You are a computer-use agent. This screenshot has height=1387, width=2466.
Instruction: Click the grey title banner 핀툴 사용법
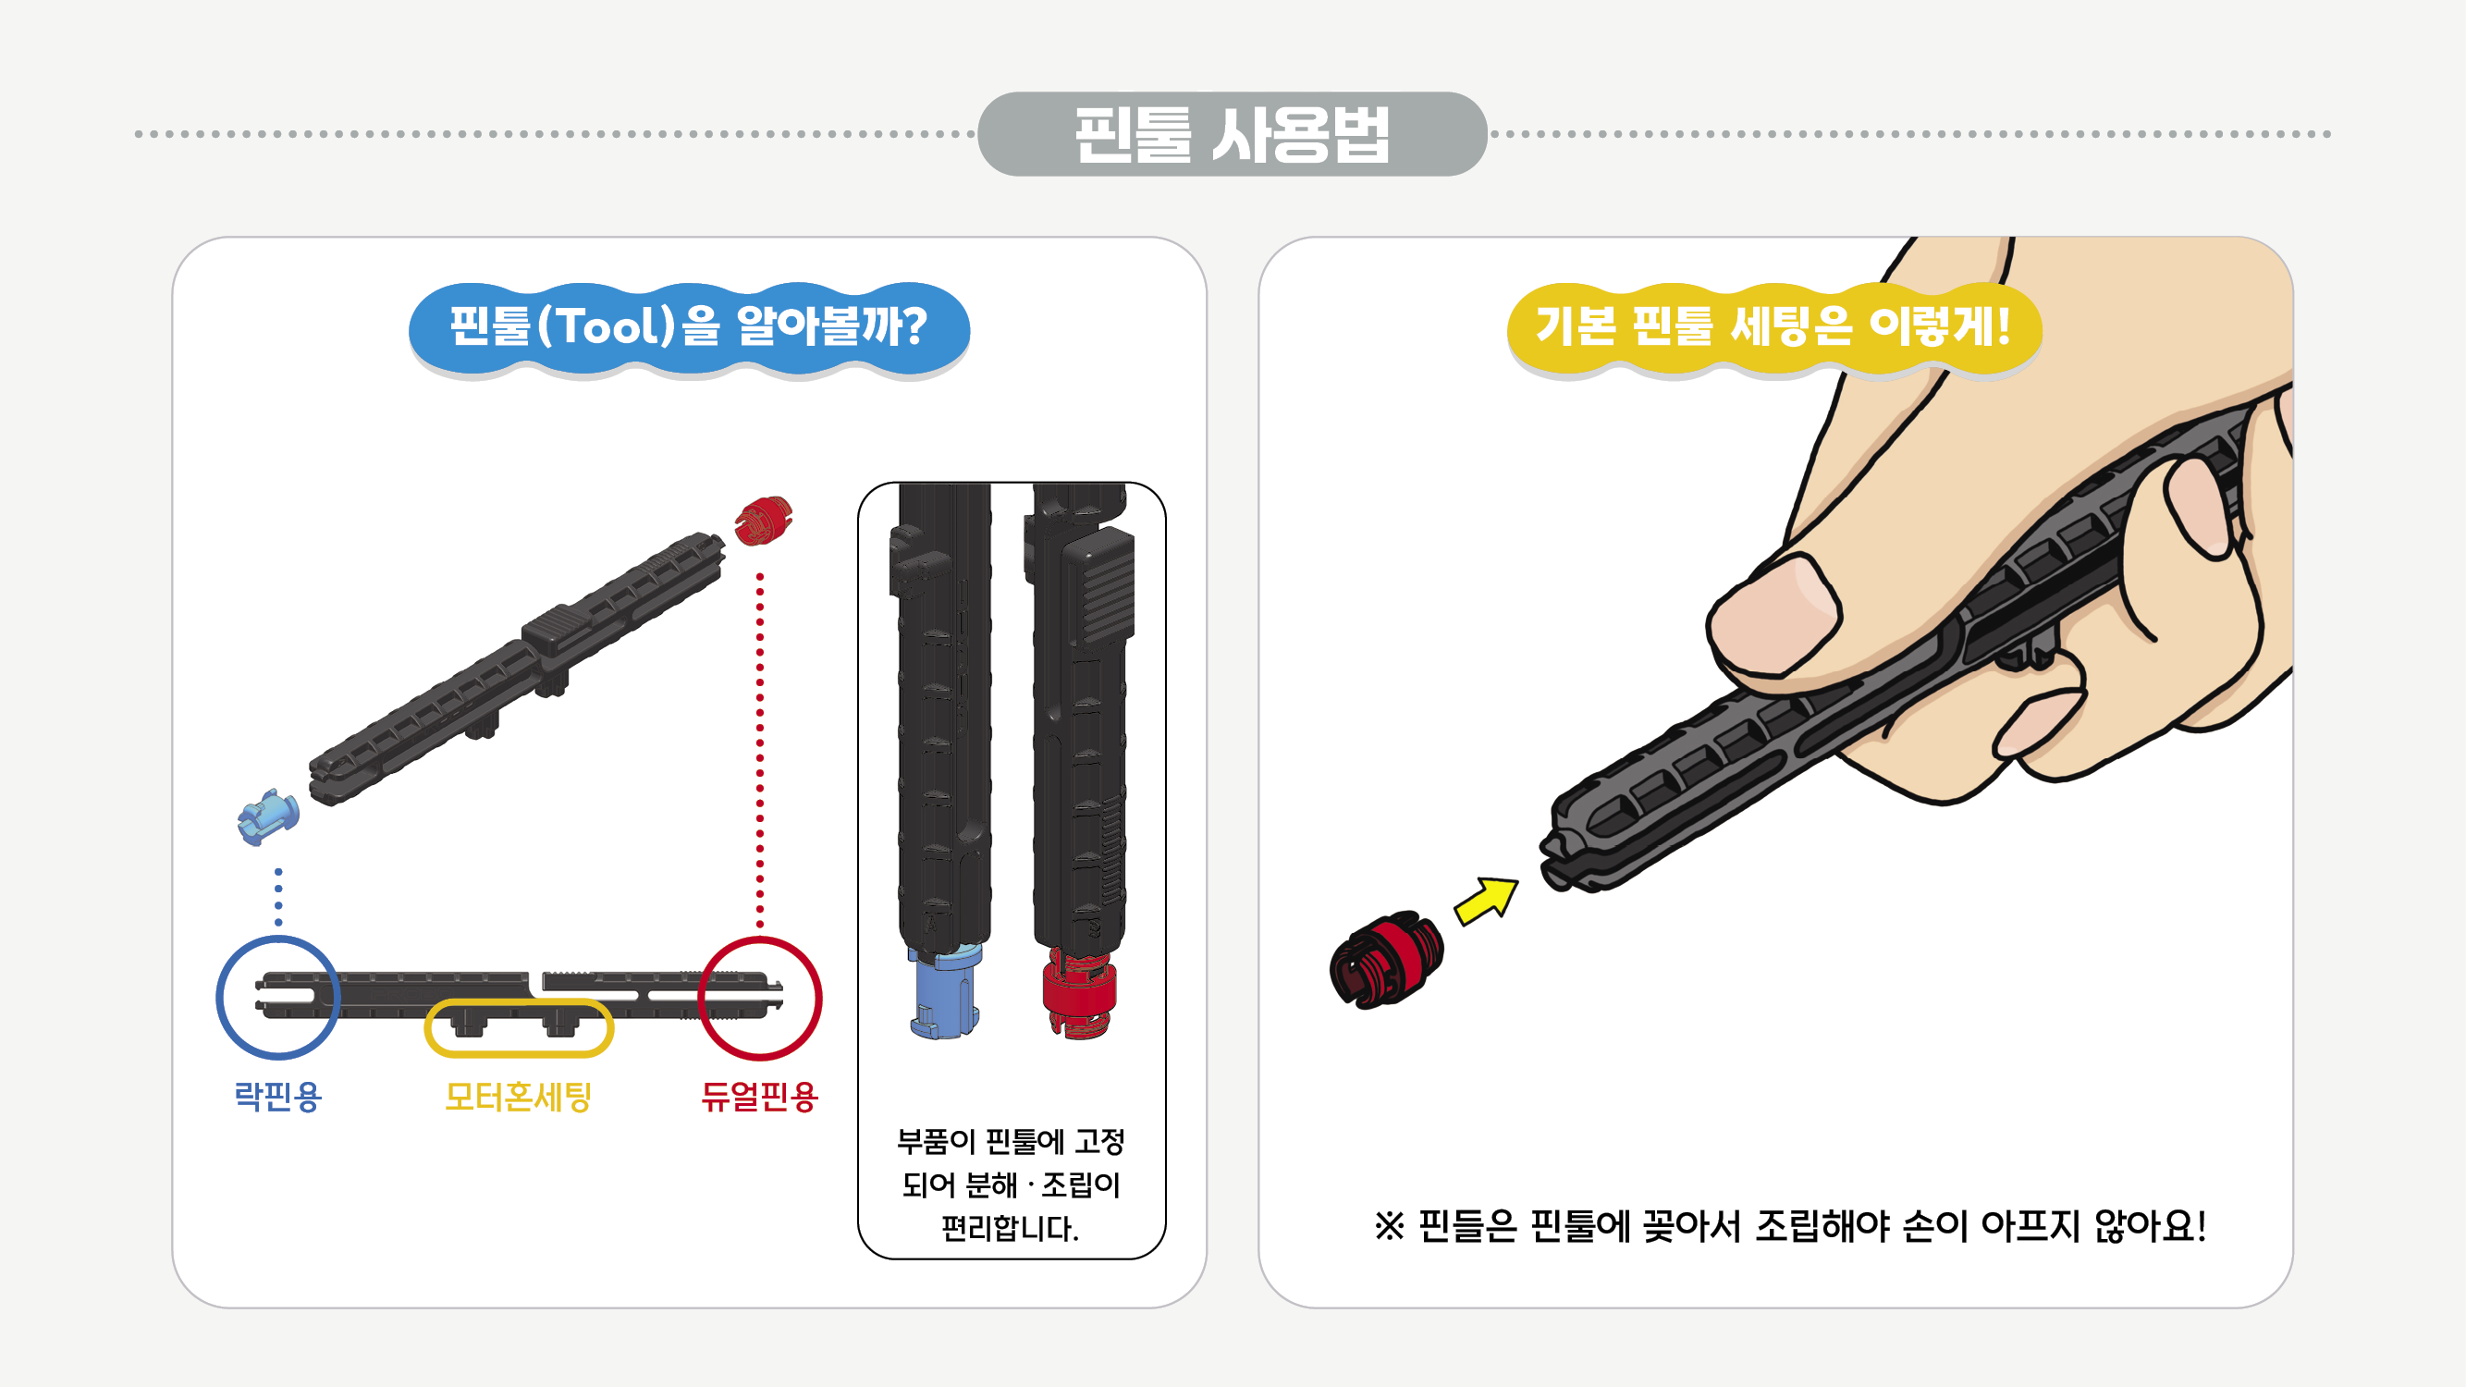[x=1232, y=134]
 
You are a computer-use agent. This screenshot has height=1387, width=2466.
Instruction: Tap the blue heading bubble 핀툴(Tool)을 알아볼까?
[x=688, y=327]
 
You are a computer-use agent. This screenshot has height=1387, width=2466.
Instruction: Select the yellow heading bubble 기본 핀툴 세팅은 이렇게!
[x=1773, y=327]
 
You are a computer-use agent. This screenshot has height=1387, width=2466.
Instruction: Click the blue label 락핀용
[x=277, y=1096]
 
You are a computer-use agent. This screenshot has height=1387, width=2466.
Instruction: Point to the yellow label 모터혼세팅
[x=518, y=1096]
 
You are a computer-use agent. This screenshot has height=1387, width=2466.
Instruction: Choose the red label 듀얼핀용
[x=759, y=1096]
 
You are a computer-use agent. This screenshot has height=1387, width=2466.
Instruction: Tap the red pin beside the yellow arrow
[x=1385, y=959]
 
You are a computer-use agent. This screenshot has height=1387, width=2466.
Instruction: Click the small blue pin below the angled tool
[x=268, y=816]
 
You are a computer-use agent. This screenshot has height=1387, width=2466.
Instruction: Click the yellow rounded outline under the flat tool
[x=518, y=1027]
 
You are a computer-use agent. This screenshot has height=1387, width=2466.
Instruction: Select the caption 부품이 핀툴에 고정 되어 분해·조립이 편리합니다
[x=1010, y=1184]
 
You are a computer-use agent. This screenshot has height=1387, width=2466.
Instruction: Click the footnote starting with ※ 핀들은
[x=1790, y=1226]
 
